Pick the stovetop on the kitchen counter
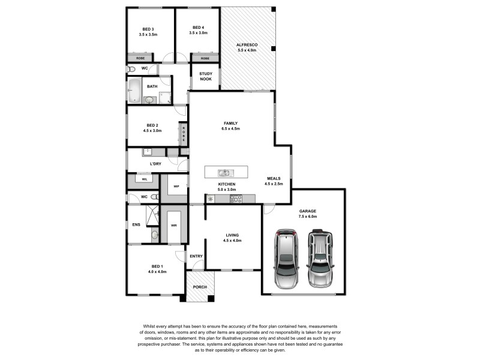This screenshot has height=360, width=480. [x=236, y=199]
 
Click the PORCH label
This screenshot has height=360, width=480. [x=199, y=287]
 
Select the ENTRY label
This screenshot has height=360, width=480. [x=196, y=256]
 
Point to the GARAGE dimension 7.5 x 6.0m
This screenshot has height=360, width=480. [x=307, y=217]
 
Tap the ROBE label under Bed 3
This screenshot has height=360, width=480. [x=140, y=58]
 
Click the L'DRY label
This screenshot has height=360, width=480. [x=155, y=163]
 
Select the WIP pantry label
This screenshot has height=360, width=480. [x=176, y=187]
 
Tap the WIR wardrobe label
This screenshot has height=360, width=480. [x=174, y=226]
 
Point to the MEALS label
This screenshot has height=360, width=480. [x=274, y=178]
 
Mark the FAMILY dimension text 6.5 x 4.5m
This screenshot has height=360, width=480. [x=230, y=128]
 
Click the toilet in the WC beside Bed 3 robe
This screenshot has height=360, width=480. [x=131, y=69]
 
